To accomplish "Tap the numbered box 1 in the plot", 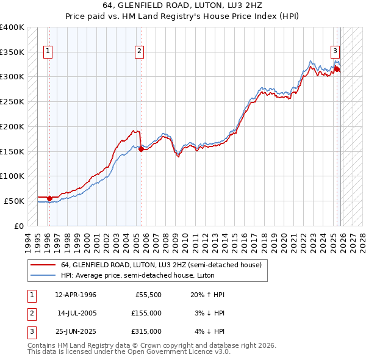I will pyautogui.click(x=48, y=51).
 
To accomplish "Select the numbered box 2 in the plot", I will pyautogui.click(x=140, y=51).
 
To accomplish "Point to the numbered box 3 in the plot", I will pyautogui.click(x=335, y=51).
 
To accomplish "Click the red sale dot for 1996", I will pyautogui.click(x=49, y=198).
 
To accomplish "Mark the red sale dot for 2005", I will pyautogui.click(x=141, y=148).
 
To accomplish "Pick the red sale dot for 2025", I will pyautogui.click(x=337, y=69).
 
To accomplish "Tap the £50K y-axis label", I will pyautogui.click(x=15, y=201).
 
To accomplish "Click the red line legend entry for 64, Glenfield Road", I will pyautogui.click(x=161, y=265).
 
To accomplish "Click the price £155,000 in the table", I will pyautogui.click(x=146, y=313).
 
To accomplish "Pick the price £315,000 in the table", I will pyautogui.click(x=146, y=331).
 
